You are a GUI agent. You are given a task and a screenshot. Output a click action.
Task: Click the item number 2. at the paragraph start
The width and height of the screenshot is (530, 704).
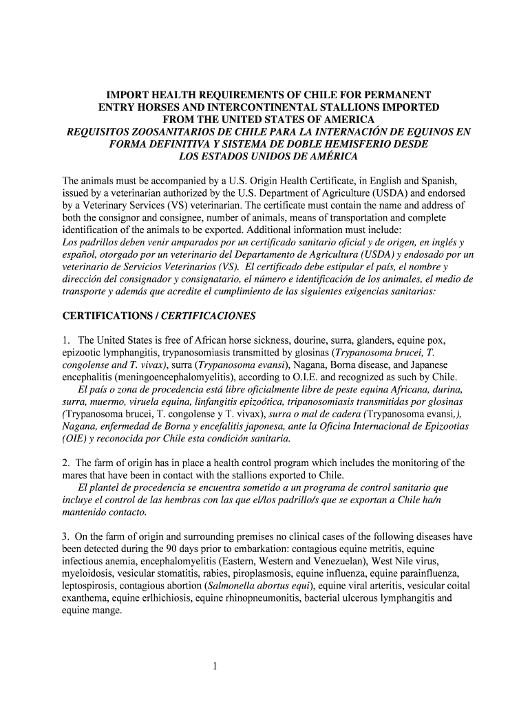pos(66,463)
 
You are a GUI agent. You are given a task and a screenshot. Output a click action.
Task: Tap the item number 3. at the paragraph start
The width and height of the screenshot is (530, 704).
pos(66,536)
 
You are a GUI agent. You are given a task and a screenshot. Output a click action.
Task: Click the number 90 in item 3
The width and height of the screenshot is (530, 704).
pos(175,549)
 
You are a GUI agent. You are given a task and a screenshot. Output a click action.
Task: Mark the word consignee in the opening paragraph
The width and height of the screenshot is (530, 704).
pos(160,218)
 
